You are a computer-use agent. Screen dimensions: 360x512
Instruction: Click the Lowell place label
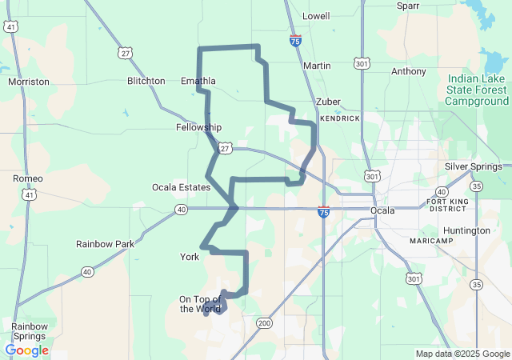(316, 16)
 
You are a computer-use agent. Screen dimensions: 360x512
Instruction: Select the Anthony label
(409, 71)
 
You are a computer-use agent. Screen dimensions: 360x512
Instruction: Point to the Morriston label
(29, 82)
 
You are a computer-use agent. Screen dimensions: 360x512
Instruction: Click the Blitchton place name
(146, 81)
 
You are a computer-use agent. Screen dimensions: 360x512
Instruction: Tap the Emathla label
(198, 81)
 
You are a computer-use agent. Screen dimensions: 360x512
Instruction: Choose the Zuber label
(328, 102)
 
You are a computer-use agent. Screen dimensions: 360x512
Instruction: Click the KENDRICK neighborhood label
(340, 118)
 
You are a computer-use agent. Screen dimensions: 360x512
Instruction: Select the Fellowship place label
(198, 127)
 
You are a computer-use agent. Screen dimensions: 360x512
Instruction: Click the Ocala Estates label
(181, 187)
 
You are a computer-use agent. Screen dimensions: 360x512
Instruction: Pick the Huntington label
(466, 230)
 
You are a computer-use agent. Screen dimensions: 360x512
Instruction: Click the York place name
(190, 257)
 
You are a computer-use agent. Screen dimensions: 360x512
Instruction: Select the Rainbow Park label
(105, 243)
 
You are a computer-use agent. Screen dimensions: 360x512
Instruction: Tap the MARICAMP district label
(431, 241)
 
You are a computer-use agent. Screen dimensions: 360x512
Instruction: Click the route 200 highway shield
(264, 323)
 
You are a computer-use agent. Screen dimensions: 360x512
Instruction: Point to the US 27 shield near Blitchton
(125, 53)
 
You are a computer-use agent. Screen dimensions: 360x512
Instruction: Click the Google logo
(27, 350)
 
